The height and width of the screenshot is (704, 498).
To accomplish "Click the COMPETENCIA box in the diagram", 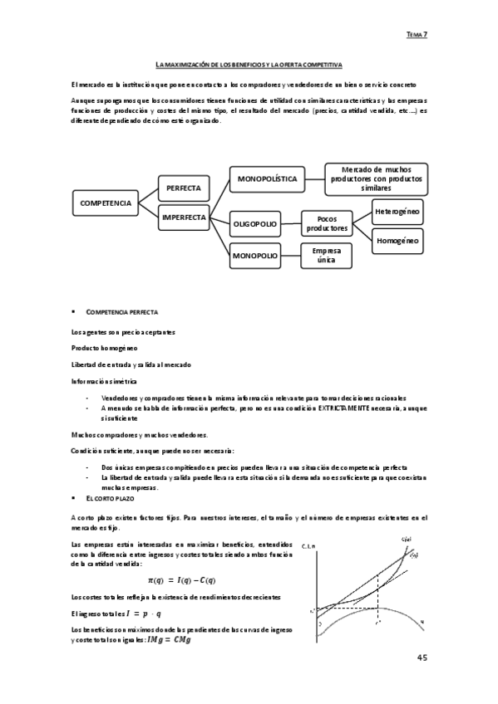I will (x=106, y=203).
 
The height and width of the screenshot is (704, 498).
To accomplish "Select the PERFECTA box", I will (x=183, y=188).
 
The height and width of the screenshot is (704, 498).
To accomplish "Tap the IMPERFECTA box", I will (x=184, y=218).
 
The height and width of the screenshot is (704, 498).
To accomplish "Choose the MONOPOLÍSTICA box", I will (x=268, y=178).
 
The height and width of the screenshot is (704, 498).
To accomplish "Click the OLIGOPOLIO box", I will (x=255, y=223).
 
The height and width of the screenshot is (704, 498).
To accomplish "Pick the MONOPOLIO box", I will (x=254, y=256).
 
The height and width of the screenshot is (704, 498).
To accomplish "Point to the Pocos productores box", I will (x=327, y=223).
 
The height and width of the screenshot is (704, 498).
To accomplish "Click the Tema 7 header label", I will (x=417, y=35).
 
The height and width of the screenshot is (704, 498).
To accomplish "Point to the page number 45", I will (x=422, y=658).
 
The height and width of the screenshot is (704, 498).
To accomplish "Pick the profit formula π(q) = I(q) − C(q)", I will (x=182, y=580).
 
